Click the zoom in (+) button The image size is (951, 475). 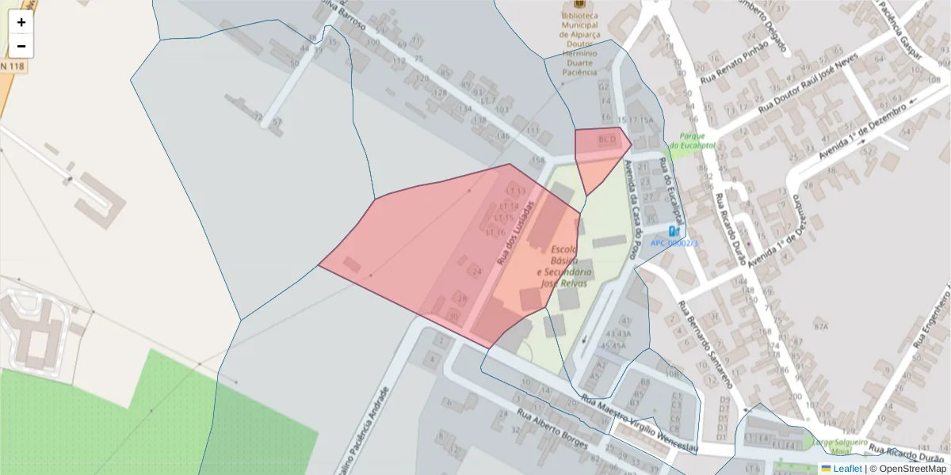(21, 22)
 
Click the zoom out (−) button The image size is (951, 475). (21, 46)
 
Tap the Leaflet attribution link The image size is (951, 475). (841, 468)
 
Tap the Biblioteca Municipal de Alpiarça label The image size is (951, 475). (579, 44)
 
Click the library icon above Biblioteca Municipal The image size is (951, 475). (579, 4)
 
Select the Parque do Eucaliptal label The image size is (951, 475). (692, 141)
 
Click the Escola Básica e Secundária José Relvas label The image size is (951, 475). (560, 266)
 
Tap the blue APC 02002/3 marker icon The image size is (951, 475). (674, 230)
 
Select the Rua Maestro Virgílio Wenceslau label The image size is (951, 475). (638, 424)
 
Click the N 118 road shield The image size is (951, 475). (12, 66)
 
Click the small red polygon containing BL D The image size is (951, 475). (600, 150)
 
